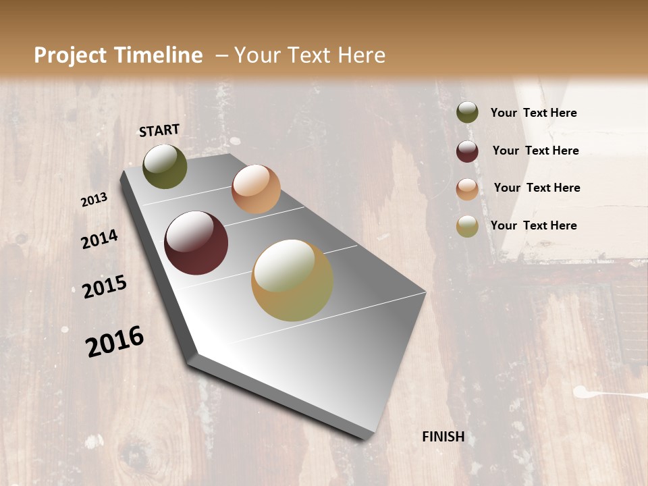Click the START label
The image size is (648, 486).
159,130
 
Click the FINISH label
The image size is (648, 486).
443,437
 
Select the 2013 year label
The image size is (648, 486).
94,200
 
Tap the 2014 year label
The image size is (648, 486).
99,239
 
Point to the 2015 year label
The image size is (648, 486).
105,286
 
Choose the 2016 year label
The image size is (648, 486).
115,342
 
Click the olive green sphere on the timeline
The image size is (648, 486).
165,167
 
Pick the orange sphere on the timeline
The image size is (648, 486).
256,189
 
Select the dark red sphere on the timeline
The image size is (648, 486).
196,243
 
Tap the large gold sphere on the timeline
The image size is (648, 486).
292,279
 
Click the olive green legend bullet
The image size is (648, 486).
467,113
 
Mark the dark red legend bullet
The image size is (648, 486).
467,151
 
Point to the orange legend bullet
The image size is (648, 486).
467,189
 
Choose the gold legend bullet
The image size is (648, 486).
467,226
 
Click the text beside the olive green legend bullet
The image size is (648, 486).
533,113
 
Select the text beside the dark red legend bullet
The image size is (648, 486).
535,151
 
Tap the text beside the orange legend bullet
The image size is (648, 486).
537,188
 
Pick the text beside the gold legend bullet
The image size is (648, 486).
533,225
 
